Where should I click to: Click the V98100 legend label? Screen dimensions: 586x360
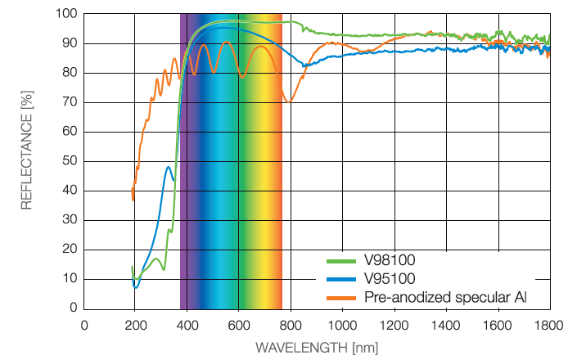click(x=390, y=260)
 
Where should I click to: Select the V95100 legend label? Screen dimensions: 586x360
click(x=390, y=278)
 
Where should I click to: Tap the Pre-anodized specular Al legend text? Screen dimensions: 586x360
click(x=445, y=297)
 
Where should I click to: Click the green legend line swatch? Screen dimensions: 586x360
click(x=340, y=262)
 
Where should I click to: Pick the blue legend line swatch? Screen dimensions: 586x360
click(x=340, y=279)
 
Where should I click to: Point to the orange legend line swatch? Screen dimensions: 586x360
click(x=340, y=298)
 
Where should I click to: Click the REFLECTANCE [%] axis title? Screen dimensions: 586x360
click(x=27, y=150)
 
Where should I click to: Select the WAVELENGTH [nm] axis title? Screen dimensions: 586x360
click(x=317, y=348)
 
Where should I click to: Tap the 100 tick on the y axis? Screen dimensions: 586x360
click(x=66, y=14)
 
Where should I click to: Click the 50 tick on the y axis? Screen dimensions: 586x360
click(x=70, y=161)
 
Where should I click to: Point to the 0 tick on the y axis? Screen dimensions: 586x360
click(x=74, y=308)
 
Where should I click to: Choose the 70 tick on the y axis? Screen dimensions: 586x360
click(x=70, y=102)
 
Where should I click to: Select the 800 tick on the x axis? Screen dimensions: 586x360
click(x=291, y=326)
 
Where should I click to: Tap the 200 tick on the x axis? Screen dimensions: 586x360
click(x=135, y=326)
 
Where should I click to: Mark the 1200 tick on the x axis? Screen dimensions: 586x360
click(x=394, y=326)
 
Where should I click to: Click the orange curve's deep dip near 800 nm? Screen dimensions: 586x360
click(x=288, y=101)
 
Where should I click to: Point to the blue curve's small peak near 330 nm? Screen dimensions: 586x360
click(x=169, y=168)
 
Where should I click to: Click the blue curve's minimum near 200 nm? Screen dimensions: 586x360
click(x=136, y=287)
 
